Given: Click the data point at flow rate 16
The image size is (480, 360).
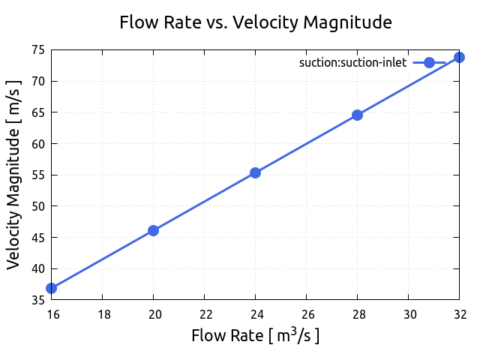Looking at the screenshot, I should pos(51,288).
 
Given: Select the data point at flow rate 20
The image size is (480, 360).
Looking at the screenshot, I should pos(153,230).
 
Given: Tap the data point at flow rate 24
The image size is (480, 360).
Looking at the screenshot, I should pos(255,172).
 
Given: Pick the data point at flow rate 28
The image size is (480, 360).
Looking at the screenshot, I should pos(357,115).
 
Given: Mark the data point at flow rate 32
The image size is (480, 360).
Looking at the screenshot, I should pos(459,57).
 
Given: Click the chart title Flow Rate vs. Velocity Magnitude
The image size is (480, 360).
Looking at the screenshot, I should pos(256,22).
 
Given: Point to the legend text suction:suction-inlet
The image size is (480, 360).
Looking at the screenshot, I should pos(352,63).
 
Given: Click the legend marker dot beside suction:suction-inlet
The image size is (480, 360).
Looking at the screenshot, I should pos(429,63).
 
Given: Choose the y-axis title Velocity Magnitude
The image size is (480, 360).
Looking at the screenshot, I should pos(13,175).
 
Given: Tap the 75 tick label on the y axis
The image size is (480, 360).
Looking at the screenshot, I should pos(36,50).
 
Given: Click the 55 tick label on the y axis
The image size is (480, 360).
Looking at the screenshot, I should pos(36,175).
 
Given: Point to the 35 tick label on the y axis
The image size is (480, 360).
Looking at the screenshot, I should pos(36,300).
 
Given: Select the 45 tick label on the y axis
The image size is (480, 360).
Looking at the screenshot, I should pos(36,238).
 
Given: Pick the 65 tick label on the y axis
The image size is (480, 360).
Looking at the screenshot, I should pos(36,112).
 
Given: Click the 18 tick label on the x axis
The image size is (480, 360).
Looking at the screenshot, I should pos(102,313).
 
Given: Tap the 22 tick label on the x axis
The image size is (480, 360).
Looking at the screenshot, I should pos(204,313).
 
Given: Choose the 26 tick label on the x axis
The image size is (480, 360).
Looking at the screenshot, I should pos(306,313).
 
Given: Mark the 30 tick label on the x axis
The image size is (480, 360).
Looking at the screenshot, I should pos(408,313).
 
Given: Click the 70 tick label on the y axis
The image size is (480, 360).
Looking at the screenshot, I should pos(36,81).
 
